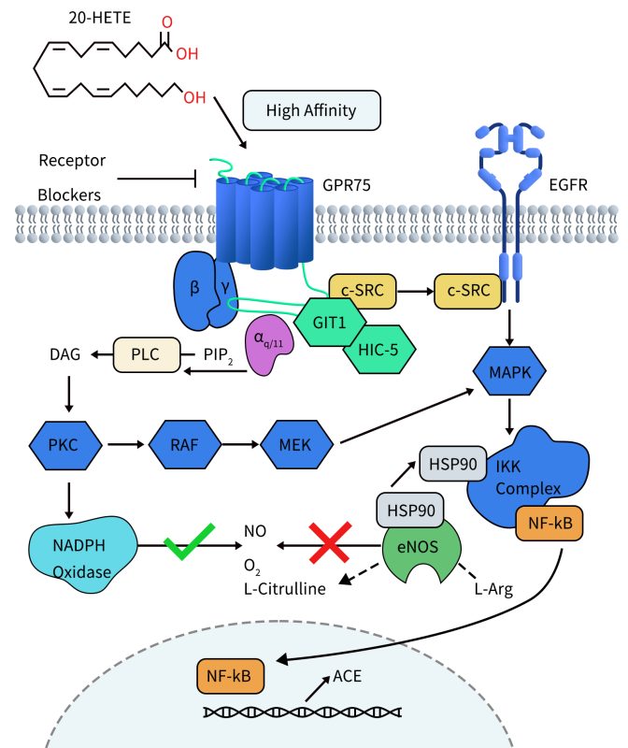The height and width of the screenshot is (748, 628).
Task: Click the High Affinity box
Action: click(311, 110)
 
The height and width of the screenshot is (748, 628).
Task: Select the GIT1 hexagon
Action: click(328, 319)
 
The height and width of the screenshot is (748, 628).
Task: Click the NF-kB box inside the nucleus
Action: click(229, 674)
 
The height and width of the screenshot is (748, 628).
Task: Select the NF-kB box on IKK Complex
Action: click(549, 525)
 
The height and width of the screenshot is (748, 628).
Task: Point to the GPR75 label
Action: click(348, 185)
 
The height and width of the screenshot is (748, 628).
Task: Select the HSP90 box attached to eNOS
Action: click(408, 511)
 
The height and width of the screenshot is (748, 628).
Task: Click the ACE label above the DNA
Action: click(349, 676)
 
